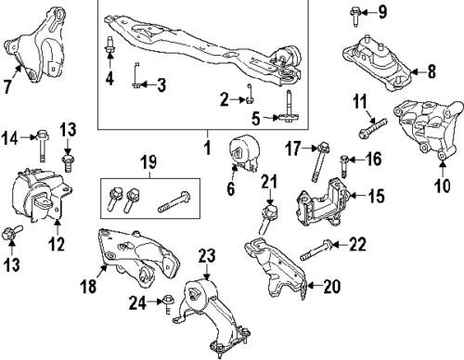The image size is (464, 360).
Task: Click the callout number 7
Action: point(7,86)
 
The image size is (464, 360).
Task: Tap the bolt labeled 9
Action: point(354,17)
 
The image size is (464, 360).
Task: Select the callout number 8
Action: point(432,72)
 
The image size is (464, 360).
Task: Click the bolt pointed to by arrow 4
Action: point(110,47)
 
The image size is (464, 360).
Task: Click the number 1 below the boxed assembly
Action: point(208,148)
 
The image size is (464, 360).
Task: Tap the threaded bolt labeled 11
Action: point(373,128)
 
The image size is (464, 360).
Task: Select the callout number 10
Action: point(443,186)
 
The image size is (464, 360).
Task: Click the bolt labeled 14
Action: point(43,146)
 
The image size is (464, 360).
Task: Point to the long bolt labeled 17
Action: point(320,161)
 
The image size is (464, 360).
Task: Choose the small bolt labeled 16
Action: point(344,167)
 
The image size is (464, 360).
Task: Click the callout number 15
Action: point(376,196)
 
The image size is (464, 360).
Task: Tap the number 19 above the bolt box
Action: point(149,162)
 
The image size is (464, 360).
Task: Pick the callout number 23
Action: point(207,256)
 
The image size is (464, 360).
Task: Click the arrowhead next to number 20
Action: point(312,286)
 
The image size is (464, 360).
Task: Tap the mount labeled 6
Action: point(245,153)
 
